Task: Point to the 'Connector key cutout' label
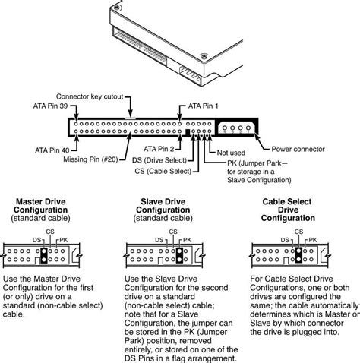coord(90,96)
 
